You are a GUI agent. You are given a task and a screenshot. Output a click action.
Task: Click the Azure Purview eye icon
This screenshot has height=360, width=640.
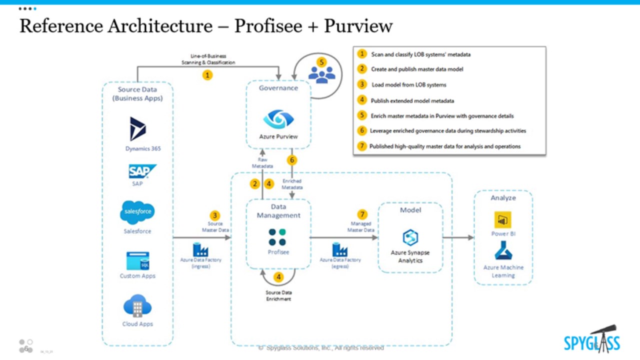(278, 119)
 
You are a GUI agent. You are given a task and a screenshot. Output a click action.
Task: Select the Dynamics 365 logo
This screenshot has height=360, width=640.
(137, 129)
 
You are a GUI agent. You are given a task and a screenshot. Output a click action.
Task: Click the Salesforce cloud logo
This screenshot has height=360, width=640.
(137, 212)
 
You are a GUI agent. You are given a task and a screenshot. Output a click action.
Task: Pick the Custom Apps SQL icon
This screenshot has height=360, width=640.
(137, 261)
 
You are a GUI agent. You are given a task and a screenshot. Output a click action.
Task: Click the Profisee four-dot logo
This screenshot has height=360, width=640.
(277, 237)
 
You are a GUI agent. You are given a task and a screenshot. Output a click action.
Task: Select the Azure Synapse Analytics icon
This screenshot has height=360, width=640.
(410, 237)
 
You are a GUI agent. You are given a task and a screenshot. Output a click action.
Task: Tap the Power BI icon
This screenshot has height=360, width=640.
(502, 220)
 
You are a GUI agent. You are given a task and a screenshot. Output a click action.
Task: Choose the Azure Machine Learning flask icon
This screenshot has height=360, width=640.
(503, 250)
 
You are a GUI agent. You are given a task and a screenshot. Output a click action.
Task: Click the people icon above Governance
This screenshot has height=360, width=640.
(321, 73)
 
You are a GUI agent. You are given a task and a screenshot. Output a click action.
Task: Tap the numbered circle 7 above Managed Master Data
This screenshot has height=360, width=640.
(362, 214)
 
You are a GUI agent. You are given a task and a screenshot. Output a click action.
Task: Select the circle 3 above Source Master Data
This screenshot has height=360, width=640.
(215, 215)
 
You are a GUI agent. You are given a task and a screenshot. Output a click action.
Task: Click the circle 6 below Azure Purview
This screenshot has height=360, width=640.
(291, 160)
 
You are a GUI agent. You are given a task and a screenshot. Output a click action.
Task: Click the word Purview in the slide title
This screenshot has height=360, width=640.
(358, 26)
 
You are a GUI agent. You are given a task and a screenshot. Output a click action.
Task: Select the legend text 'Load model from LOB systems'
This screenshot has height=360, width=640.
(409, 84)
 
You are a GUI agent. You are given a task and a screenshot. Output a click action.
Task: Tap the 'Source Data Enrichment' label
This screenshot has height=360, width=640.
(278, 295)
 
